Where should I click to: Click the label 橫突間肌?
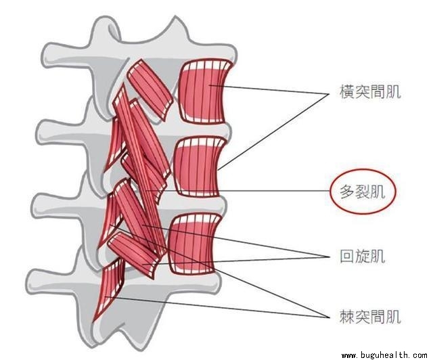(370, 92)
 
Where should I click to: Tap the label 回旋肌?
(361, 256)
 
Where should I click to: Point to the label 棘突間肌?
(370, 316)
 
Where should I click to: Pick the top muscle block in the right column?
(206, 92)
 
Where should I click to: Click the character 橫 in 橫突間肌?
(346, 92)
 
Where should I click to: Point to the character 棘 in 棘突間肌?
(346, 316)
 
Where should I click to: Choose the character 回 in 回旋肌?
(346, 256)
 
